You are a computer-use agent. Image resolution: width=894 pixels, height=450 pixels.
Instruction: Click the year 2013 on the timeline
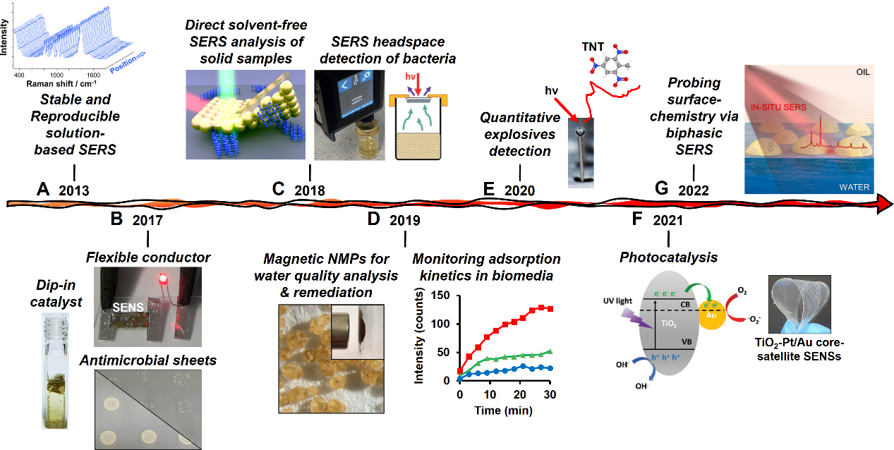pyautogui.click(x=73, y=190)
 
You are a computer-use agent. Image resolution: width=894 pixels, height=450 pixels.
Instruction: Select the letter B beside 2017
pyautogui.click(x=117, y=219)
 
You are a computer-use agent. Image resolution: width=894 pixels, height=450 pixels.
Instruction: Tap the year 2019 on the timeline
pyautogui.click(x=404, y=220)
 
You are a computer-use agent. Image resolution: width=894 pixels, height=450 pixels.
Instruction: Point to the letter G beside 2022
pyautogui.click(x=662, y=189)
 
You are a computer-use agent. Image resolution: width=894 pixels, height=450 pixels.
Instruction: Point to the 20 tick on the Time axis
pyautogui.click(x=520, y=393)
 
